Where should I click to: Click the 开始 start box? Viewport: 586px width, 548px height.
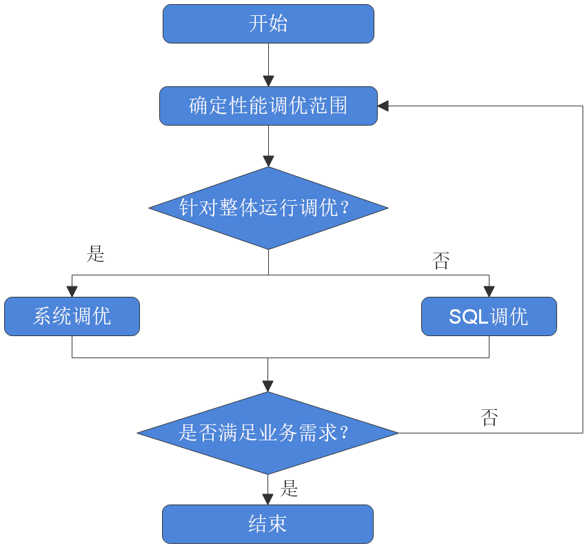(268, 24)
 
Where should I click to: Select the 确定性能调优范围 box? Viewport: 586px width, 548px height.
(268, 106)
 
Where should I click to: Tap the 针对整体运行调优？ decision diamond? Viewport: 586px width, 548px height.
(268, 208)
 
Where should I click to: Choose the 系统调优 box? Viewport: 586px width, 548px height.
(72, 317)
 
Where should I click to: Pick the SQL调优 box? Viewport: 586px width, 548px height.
(489, 317)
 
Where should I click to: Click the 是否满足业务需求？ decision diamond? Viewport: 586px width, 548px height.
(268, 433)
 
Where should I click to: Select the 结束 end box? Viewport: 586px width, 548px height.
(268, 524)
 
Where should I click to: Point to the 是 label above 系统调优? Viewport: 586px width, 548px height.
(95, 253)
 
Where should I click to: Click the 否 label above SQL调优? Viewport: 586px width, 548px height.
(441, 261)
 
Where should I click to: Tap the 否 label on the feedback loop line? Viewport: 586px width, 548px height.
(489, 417)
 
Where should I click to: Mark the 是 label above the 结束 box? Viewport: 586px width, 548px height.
(290, 489)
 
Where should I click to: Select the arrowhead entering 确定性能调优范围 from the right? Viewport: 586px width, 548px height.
(384, 106)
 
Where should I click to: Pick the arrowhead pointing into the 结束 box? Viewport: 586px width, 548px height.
(268, 499)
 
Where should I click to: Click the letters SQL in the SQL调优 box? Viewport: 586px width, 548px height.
(468, 317)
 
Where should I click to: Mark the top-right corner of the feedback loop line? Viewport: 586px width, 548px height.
(583, 106)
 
